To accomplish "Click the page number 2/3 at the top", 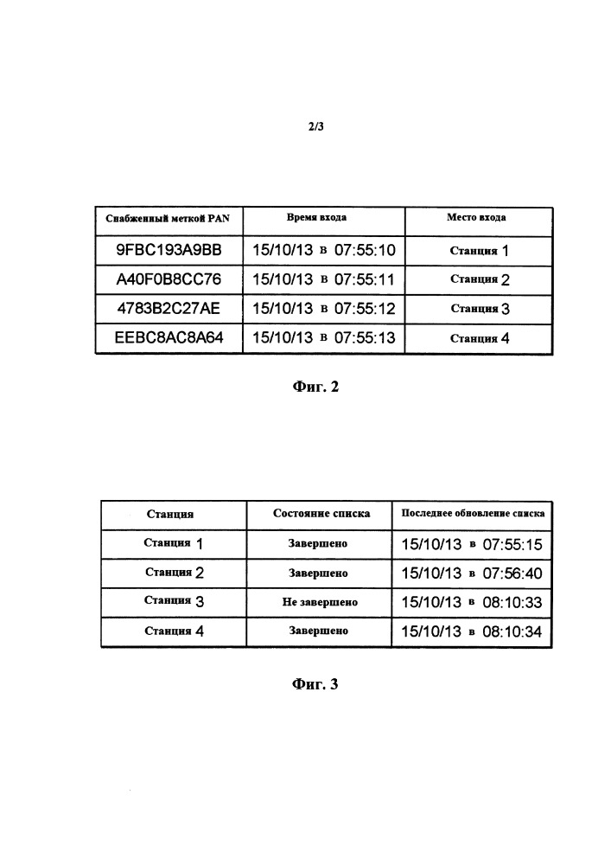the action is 315,126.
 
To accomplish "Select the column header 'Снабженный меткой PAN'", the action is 168,219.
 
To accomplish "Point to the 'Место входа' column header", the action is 476,217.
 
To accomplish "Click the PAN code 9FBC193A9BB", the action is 169,250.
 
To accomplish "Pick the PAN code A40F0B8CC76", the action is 169,279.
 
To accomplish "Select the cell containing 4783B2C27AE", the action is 169,309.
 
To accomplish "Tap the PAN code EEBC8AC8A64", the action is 169,337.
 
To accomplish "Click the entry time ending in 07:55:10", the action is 324,251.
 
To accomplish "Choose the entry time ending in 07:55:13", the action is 324,337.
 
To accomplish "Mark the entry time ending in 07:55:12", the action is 324,309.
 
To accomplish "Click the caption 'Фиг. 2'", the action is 315,387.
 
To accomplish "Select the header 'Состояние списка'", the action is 321,514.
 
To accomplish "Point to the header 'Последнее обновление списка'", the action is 473,513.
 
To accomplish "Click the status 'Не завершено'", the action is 320,602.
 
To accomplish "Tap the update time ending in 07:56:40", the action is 472,573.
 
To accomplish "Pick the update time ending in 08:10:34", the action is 472,631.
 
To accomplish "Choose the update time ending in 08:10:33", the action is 472,602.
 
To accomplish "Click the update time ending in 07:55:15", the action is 472,544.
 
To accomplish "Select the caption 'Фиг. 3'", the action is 315,684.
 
